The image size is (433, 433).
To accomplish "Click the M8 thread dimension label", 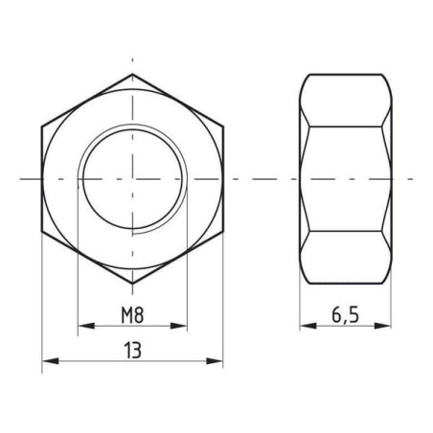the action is point(132,315).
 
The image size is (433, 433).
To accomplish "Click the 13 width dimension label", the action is point(132,351).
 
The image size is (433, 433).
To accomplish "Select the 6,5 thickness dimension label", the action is point(346,315).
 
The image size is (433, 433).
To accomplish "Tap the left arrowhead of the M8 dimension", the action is point(86,326).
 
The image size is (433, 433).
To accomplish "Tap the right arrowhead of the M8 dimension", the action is point(178,326).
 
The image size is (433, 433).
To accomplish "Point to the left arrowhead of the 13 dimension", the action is point(51,361).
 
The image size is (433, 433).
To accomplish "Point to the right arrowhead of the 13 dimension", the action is point(215,361).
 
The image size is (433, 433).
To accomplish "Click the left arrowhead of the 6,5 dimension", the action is point(308,326).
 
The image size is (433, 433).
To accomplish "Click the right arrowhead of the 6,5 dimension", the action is point(382,326).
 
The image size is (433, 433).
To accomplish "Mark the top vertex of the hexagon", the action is point(132,74).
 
